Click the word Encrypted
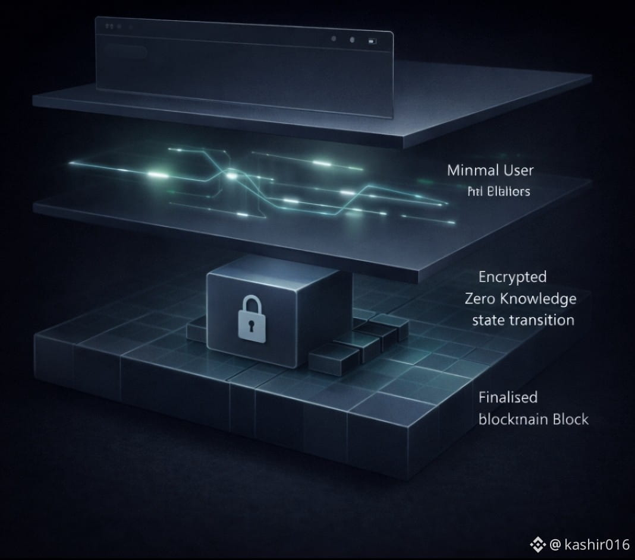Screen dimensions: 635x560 (512, 277)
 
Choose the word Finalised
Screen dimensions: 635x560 (508, 397)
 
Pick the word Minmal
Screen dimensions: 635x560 (471, 170)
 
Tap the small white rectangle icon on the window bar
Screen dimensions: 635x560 (372, 42)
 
